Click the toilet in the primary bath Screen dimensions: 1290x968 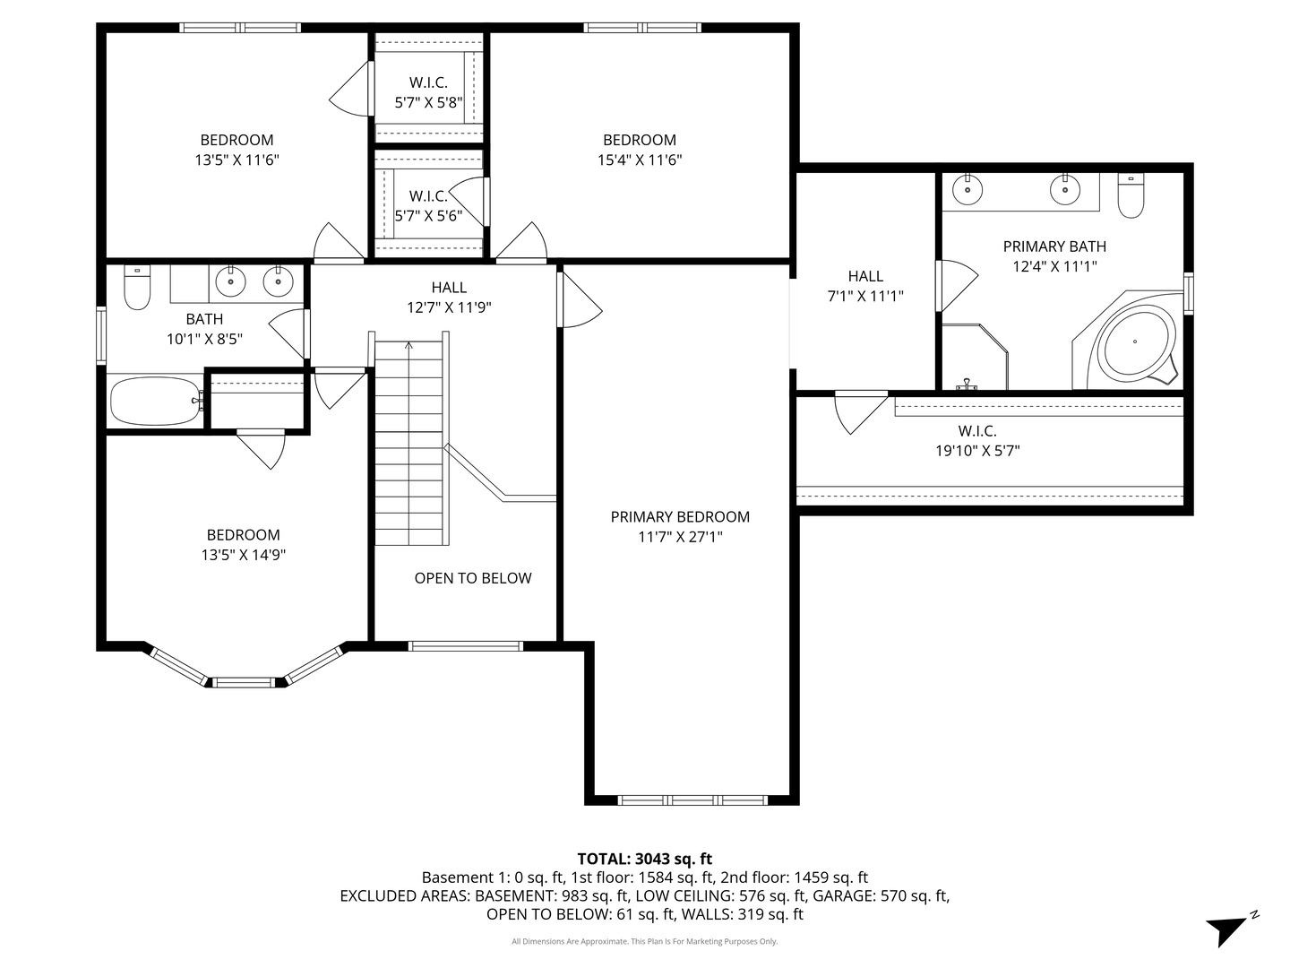(x=1131, y=195)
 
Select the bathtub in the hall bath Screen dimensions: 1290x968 (x=155, y=401)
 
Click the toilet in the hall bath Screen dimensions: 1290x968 (x=137, y=287)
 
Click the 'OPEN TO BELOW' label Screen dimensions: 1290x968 (x=472, y=578)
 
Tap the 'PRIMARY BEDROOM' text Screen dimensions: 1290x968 (x=680, y=517)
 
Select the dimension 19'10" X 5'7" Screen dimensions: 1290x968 (x=977, y=451)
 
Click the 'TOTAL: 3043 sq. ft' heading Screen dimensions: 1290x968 (x=645, y=860)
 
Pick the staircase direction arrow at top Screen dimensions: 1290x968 (x=408, y=346)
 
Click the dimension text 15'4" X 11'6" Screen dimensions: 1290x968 (x=640, y=160)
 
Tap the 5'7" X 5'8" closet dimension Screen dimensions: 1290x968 (x=428, y=103)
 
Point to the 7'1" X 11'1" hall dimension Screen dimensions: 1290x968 (x=865, y=296)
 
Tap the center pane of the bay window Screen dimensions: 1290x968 (x=244, y=683)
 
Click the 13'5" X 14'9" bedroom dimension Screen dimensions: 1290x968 (x=244, y=555)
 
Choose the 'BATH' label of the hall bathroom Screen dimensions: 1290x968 (x=204, y=319)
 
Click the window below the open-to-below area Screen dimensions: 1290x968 (x=466, y=646)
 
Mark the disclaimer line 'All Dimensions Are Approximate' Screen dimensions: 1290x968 (x=645, y=941)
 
